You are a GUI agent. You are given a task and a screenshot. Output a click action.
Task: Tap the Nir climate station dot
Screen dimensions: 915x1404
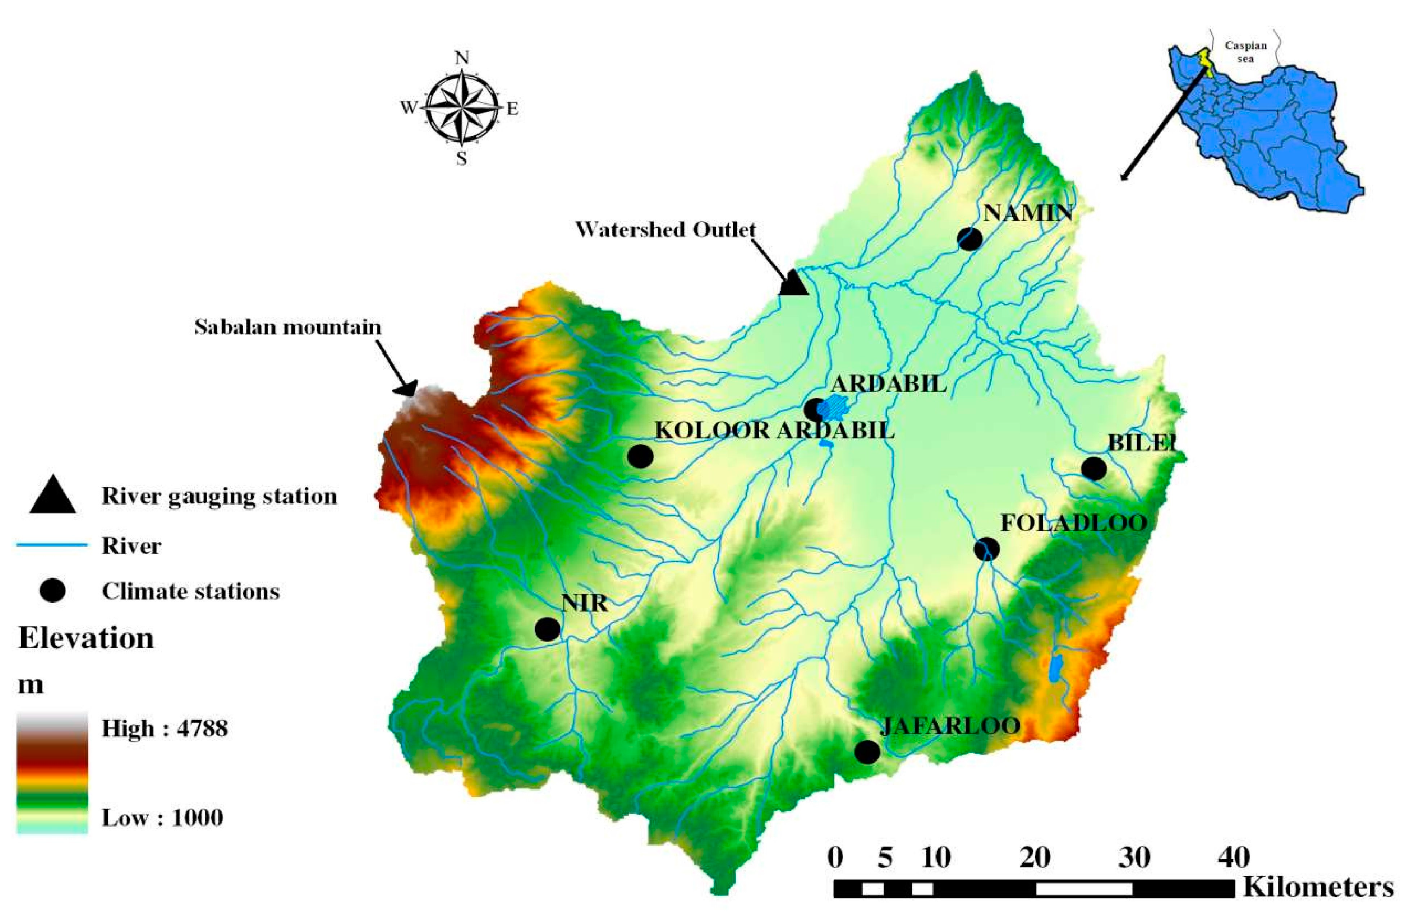[x=547, y=629]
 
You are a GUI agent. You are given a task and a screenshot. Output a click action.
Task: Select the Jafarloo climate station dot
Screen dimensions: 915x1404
[x=867, y=751]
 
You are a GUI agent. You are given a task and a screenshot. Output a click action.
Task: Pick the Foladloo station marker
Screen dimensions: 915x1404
[x=986, y=549]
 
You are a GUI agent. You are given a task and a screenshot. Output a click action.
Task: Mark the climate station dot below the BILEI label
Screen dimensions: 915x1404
[x=1094, y=469]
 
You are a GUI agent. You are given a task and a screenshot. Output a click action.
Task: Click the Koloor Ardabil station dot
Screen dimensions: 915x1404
[x=640, y=456]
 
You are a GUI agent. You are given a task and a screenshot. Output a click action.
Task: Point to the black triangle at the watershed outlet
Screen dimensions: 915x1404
[x=793, y=284]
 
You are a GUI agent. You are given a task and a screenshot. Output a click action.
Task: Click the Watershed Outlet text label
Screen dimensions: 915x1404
[x=665, y=229]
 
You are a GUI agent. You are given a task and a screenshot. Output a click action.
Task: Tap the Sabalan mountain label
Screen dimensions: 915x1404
[x=288, y=328]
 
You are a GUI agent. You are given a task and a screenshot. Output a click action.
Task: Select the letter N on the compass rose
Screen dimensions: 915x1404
[x=462, y=58]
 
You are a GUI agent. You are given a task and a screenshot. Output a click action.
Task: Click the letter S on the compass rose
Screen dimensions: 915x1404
[x=461, y=159]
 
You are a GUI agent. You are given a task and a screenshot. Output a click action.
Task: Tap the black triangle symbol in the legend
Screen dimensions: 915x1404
[x=52, y=495]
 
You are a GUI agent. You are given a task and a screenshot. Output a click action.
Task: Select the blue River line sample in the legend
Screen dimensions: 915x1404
[x=52, y=546]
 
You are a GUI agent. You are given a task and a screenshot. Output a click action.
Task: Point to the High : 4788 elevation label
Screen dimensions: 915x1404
[x=165, y=729]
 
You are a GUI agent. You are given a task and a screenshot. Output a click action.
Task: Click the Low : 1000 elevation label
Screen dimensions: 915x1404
[x=162, y=818]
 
